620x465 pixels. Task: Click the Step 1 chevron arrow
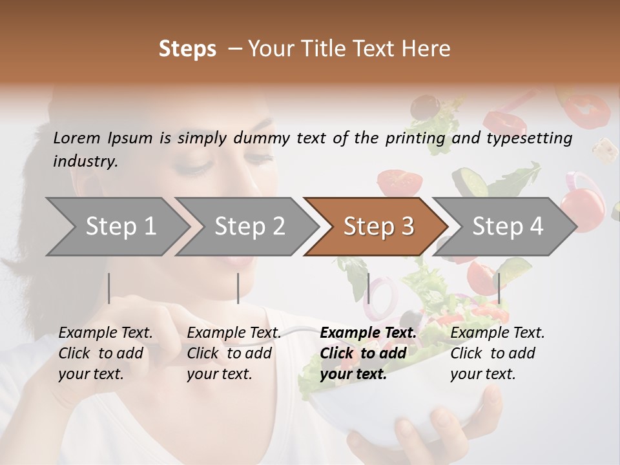pos(116,227)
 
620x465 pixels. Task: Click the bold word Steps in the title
pos(187,48)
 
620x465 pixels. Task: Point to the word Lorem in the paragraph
pos(76,138)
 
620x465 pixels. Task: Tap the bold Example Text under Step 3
pos(368,333)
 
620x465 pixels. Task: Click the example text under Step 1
pos(105,353)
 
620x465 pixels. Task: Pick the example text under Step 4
pos(497,353)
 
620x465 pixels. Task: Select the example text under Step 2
pos(234,353)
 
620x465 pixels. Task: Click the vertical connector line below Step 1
pos(109,288)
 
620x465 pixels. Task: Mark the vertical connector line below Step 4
pos(499,288)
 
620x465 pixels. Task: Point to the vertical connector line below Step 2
pos(238,288)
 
